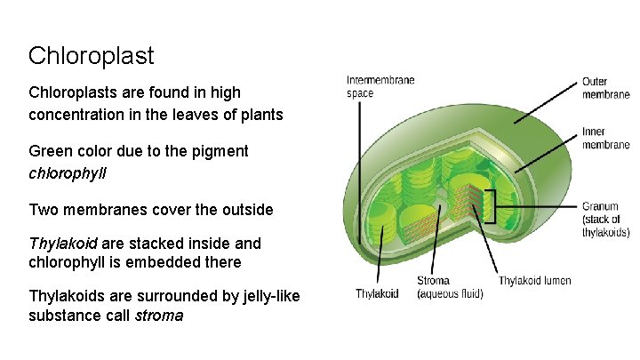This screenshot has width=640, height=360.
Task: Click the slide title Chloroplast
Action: tap(91, 56)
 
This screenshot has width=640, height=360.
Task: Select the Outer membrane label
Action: tap(606, 87)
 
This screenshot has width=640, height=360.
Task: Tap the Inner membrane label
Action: tap(606, 139)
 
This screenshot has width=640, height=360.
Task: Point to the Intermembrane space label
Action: tap(380, 86)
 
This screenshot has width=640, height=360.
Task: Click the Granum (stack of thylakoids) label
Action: tap(605, 220)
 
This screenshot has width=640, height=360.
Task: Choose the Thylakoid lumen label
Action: tap(534, 281)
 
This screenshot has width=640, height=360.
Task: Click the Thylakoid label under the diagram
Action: tap(377, 293)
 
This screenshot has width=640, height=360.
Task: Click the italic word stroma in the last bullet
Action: tap(158, 315)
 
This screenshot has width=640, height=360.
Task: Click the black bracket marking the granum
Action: tap(490, 206)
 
